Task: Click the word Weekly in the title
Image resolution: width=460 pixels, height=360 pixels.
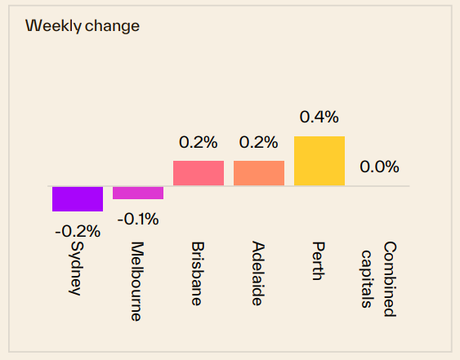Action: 53,25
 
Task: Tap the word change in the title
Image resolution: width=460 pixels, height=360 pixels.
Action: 113,25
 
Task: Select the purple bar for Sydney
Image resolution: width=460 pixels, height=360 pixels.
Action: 78,198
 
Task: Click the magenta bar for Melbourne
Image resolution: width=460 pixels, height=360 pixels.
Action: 138,193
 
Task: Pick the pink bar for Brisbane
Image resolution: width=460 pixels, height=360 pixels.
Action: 199,173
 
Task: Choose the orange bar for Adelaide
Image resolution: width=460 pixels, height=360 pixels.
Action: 259,173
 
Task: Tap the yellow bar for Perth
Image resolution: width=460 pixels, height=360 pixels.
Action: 319,161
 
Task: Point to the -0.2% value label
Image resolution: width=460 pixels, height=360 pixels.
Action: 78,231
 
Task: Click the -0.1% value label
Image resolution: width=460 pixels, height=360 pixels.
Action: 138,219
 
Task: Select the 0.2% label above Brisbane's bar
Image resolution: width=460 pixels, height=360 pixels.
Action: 199,142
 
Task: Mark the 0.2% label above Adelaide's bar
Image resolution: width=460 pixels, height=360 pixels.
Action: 259,142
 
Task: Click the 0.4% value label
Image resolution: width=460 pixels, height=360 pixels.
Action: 319,118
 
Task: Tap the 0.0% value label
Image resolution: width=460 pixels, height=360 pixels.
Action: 380,167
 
